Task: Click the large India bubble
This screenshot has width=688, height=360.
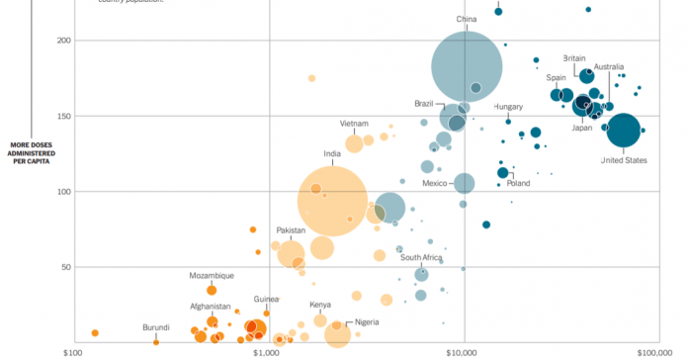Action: pyautogui.click(x=333, y=201)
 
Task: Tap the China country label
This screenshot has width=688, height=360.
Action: pyautogui.click(x=467, y=19)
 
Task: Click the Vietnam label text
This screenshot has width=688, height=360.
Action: pyautogui.click(x=354, y=124)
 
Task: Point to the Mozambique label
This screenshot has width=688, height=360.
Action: pyautogui.click(x=212, y=275)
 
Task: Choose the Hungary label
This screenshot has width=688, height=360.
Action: pyautogui.click(x=508, y=106)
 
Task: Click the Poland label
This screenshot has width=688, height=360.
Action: pyautogui.click(x=518, y=183)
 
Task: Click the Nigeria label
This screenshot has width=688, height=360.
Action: pyautogui.click(x=368, y=322)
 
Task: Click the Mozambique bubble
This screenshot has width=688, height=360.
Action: pyautogui.click(x=212, y=290)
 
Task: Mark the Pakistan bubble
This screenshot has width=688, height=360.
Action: pyautogui.click(x=292, y=254)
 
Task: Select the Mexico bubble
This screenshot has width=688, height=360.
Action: pyautogui.click(x=465, y=183)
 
